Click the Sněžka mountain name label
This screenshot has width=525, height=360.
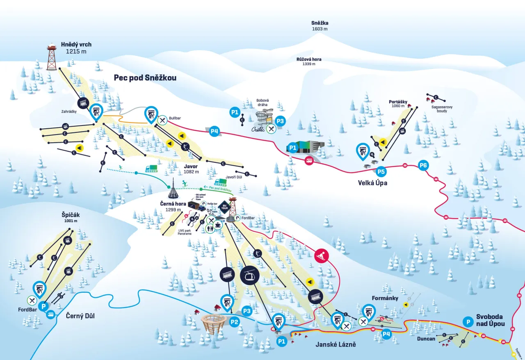click(x=320, y=23)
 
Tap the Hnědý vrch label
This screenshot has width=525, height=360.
click(x=76, y=45)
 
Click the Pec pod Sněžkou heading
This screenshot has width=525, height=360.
click(x=145, y=77)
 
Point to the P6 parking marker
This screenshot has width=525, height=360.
click(x=423, y=166)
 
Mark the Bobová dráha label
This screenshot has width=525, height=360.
click(x=262, y=102)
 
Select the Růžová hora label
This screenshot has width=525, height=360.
click(x=309, y=59)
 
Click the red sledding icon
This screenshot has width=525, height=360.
click(x=321, y=255)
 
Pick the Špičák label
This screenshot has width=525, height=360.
click(x=71, y=215)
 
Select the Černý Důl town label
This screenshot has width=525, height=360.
click(x=80, y=316)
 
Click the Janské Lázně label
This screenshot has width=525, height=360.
click(x=336, y=344)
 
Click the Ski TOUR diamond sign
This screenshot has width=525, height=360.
click(x=224, y=206)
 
